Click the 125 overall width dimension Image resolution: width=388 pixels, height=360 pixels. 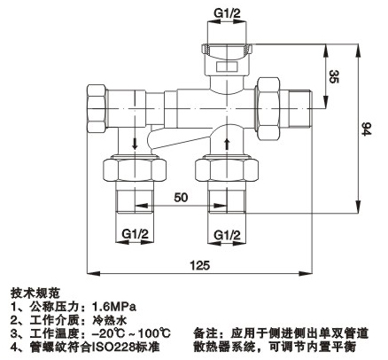point(200,265)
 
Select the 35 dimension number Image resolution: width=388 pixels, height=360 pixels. point(334,76)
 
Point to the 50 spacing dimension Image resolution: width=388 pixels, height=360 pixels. point(181,198)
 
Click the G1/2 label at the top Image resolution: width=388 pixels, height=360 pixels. point(227,13)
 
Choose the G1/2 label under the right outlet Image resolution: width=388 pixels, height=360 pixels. point(227,235)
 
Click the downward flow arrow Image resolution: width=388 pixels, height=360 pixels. point(135,144)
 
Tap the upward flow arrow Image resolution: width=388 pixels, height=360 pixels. point(227,144)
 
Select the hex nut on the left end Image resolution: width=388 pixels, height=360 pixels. point(97,109)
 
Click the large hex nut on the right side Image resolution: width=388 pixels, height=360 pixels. point(268,108)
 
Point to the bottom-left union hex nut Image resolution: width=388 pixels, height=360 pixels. point(135,169)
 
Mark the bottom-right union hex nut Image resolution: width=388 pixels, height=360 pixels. point(227,169)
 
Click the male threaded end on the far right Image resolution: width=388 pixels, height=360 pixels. point(300,109)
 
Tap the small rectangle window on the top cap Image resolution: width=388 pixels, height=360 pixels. point(227,67)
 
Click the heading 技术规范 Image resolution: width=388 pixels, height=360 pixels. point(35,293)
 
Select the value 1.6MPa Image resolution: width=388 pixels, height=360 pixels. point(114,307)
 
